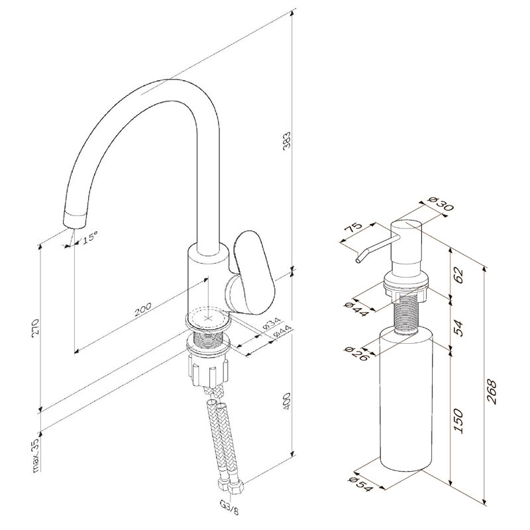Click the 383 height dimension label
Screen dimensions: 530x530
[x=287, y=141]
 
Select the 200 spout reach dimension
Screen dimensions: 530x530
[x=143, y=309]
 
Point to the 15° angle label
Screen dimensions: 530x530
[x=90, y=237]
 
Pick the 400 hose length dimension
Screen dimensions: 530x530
[x=286, y=401]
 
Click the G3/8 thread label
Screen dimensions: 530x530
[x=229, y=507]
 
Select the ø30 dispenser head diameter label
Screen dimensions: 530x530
[x=440, y=203]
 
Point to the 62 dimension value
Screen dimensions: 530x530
[x=458, y=275]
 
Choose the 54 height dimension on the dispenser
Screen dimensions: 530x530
[x=458, y=327]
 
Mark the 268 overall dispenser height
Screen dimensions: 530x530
[x=492, y=392]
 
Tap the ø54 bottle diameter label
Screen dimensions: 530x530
[x=361, y=485]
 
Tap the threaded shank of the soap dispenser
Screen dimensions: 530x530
[x=405, y=314]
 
